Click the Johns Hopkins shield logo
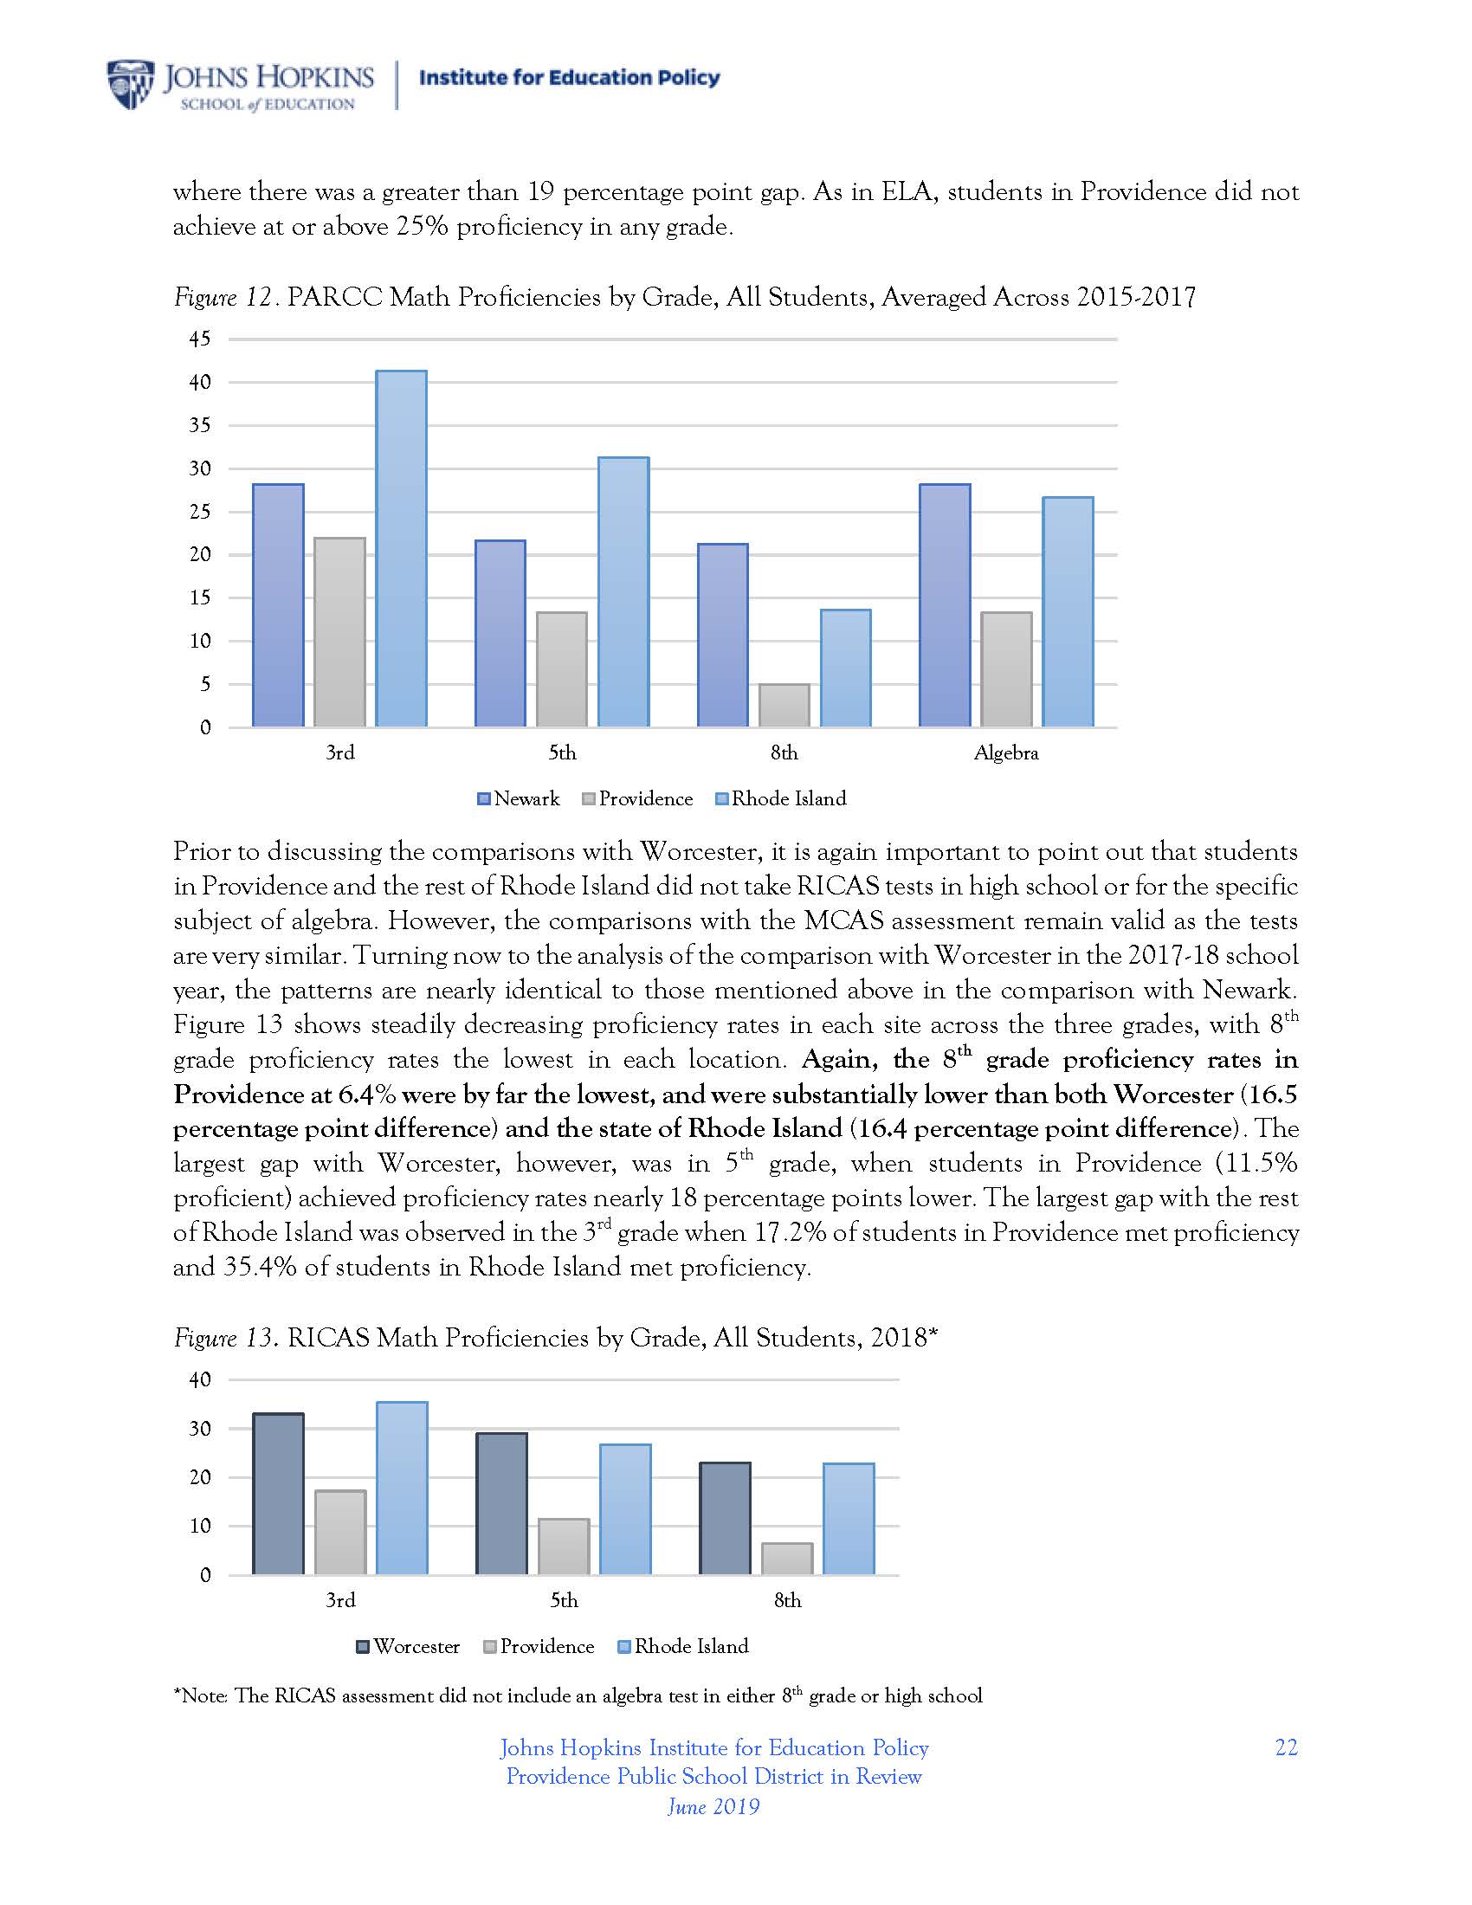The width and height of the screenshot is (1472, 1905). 129,85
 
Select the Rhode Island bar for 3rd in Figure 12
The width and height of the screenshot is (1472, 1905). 401,549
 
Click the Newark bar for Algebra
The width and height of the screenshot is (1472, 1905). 945,605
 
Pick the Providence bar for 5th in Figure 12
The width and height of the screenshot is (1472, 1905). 562,669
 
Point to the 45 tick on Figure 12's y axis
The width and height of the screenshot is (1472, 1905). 200,339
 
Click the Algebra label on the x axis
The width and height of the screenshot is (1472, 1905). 1005,752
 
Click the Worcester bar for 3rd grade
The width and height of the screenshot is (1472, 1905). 278,1495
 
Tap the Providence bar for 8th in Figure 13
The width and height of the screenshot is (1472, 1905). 786,1559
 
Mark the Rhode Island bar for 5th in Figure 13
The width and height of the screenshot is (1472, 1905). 625,1510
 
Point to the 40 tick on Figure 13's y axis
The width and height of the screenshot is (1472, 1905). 200,1380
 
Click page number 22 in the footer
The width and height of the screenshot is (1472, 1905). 1285,1748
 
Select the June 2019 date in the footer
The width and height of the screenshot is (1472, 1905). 713,1805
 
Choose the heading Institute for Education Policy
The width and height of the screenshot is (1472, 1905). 570,78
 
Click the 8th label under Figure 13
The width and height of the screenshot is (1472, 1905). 786,1600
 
